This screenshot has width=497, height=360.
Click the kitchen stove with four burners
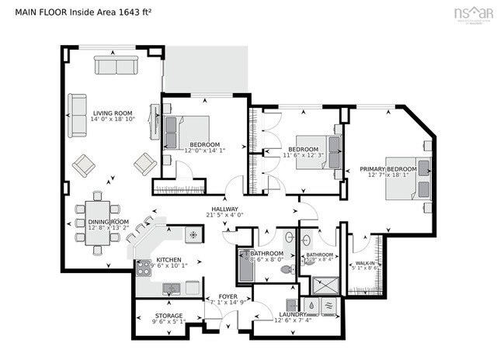point(144,268)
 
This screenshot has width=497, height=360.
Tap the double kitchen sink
point(171,289)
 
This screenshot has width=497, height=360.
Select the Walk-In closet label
point(363,264)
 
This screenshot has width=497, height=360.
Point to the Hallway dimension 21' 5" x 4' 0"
point(225,215)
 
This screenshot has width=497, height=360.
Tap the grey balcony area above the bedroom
point(205,69)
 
